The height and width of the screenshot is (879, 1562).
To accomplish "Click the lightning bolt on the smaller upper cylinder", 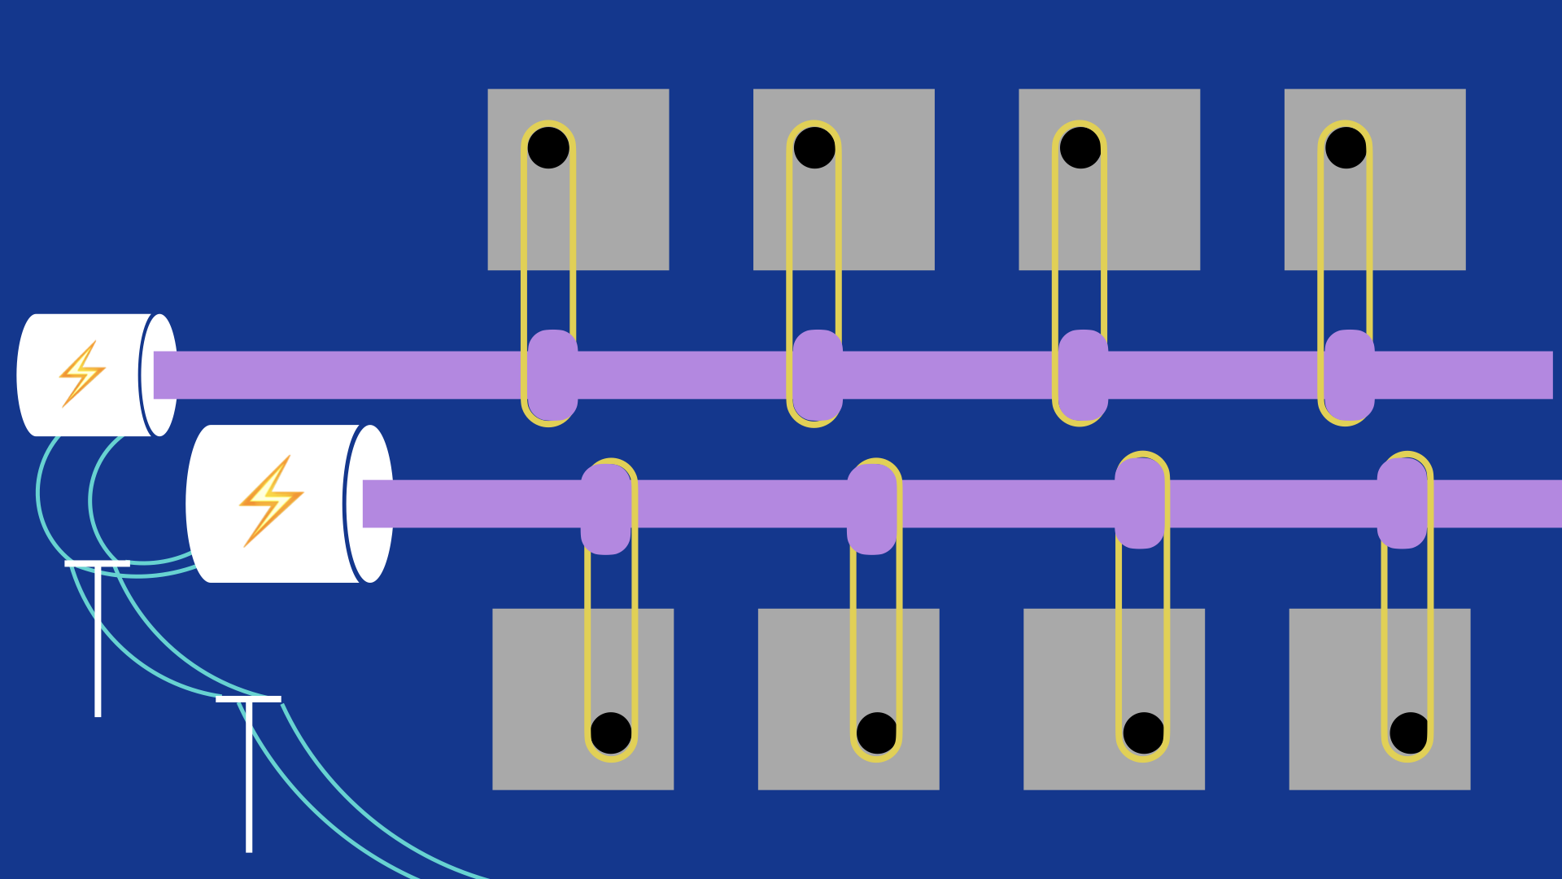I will coord(82,374).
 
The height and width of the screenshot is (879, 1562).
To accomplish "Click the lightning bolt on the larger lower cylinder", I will coord(271,501).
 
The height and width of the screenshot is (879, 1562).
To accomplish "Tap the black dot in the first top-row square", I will coord(548,148).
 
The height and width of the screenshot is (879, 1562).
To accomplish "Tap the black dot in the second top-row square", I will coord(814,148).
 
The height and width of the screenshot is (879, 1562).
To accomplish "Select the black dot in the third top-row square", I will coord(1080,148).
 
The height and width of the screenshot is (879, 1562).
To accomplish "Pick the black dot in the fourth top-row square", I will coord(1346,148).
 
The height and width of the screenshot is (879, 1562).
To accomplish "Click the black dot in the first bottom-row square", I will coord(611,732).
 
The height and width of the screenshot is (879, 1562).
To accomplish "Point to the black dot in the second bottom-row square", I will coord(876,732).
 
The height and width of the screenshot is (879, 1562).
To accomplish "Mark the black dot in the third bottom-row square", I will coord(1143,732).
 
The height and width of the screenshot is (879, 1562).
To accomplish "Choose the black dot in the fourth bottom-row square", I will coord(1409,732).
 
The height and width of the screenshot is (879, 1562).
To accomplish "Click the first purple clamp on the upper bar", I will coord(552,374).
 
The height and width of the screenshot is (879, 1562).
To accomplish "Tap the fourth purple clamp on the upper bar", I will coord(1349,374).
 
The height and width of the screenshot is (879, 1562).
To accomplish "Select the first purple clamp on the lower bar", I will coord(606,509).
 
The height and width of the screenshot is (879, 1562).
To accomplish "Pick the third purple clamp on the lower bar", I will coord(1140,503).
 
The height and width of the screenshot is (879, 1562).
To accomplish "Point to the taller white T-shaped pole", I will coord(249,773).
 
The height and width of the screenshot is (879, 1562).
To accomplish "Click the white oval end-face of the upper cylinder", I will coord(160,374).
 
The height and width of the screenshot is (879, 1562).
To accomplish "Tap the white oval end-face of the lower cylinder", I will coord(371,504).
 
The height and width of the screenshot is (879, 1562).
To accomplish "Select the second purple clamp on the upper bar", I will coord(818,374).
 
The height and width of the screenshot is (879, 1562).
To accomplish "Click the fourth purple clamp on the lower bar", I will coord(1402,503).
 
